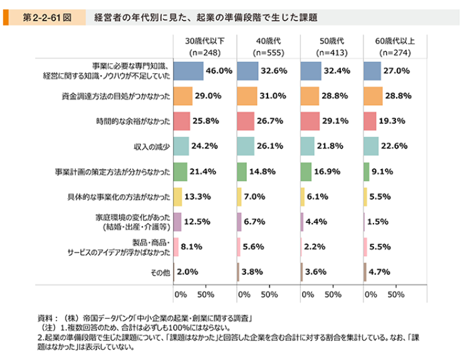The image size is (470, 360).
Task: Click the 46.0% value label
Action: [x=219, y=71]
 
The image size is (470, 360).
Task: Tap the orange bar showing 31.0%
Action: [x=247, y=96]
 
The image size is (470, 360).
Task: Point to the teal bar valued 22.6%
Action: [x=371, y=146]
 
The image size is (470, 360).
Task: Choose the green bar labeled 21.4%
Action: [x=180, y=171]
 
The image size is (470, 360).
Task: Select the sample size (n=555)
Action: [x=268, y=53]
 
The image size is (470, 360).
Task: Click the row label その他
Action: [x=160, y=272]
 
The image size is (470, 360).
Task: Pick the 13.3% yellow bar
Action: [x=177, y=197]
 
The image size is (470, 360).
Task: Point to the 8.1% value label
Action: [x=191, y=247]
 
